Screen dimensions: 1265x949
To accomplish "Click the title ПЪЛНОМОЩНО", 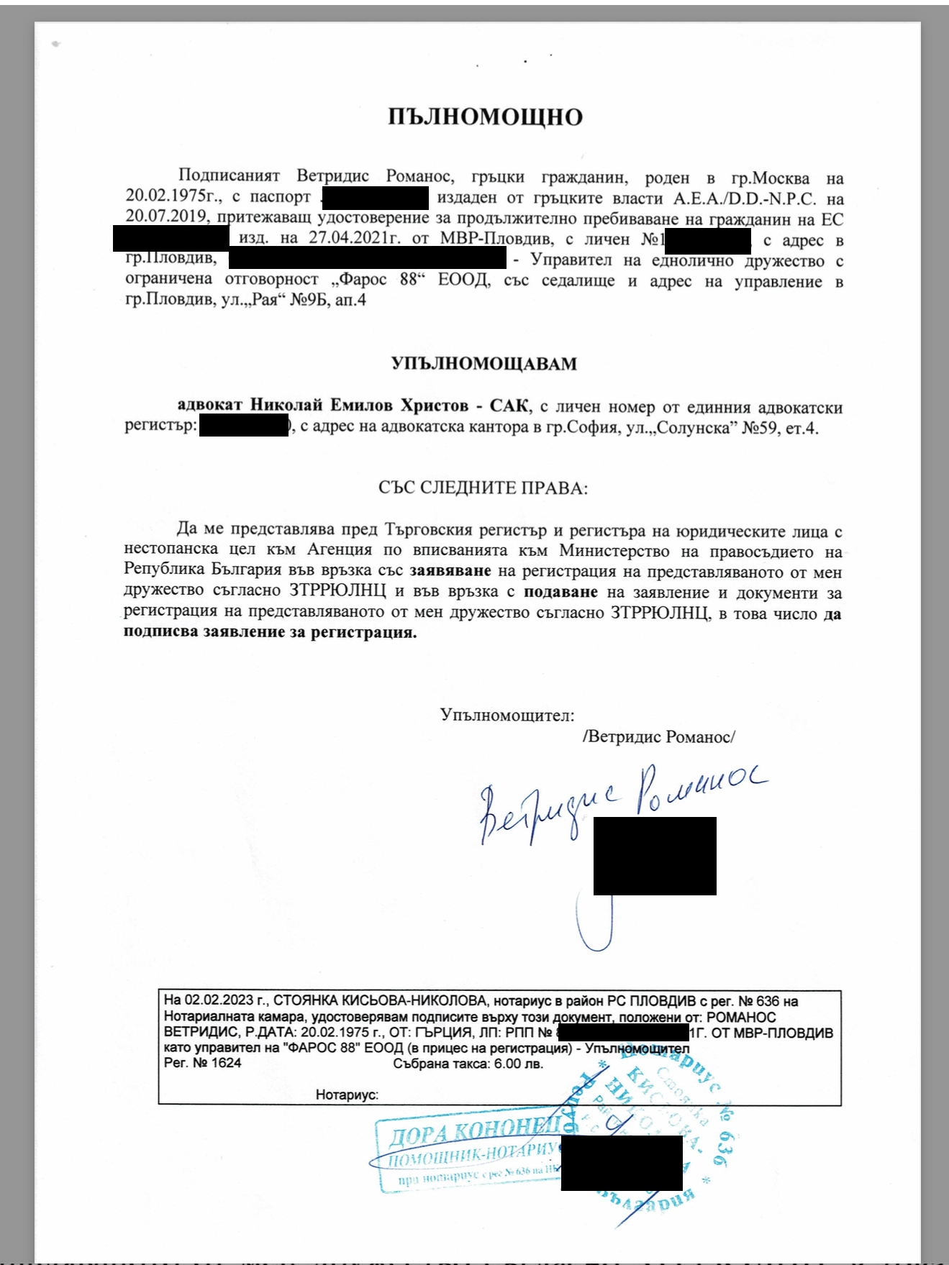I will [x=485, y=117].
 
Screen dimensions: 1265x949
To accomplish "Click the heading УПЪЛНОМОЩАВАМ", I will [x=484, y=364].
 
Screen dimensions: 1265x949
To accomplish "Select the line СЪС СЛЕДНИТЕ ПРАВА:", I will [x=483, y=488].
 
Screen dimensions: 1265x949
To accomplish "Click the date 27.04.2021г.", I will [x=353, y=239].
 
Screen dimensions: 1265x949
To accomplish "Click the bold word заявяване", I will [x=450, y=572].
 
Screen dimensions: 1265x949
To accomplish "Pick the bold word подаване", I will [x=560, y=593].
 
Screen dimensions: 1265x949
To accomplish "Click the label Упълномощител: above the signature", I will [x=507, y=716].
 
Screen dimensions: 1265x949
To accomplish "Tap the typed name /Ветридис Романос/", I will [x=658, y=737].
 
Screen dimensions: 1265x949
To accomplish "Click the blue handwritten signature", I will [x=619, y=802].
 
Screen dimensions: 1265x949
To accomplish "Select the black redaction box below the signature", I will [x=655, y=856].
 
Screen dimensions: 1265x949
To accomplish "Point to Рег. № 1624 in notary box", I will [x=202, y=1063].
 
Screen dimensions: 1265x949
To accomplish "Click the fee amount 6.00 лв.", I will [x=518, y=1064].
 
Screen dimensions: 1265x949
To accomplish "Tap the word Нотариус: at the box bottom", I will [x=347, y=1095].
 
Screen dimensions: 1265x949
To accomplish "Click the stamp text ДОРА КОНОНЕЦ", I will [x=475, y=1133].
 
